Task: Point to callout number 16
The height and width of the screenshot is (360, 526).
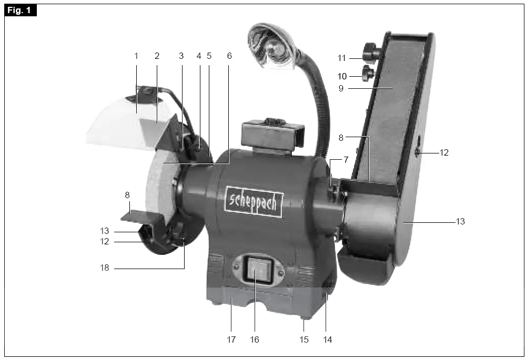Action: (255, 340)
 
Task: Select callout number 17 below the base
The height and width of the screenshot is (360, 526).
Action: (231, 340)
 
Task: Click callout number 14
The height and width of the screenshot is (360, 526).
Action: (327, 340)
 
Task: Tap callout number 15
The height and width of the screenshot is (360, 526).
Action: (304, 340)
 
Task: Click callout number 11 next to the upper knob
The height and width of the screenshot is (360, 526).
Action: (342, 58)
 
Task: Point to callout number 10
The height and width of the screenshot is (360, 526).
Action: (342, 77)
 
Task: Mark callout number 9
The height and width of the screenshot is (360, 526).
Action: (341, 89)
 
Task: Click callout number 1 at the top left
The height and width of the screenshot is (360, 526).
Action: (136, 55)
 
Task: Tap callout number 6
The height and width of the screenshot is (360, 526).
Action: (229, 55)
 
